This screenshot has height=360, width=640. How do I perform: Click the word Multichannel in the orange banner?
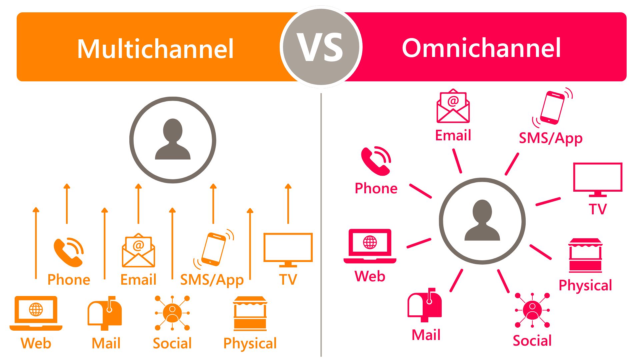(x=155, y=49)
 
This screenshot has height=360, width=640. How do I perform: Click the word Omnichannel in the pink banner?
(x=482, y=48)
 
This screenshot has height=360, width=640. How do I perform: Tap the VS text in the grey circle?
(x=320, y=47)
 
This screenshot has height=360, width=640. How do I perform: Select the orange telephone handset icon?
(x=68, y=252)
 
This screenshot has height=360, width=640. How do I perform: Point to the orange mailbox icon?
(x=105, y=313)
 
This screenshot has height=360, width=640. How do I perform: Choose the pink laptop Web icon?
(x=370, y=246)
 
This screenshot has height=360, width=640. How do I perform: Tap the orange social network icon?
(x=172, y=313)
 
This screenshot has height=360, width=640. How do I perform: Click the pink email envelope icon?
(x=453, y=106)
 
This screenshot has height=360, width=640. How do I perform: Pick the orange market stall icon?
(x=250, y=313)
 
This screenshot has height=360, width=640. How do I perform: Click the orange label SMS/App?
(x=212, y=280)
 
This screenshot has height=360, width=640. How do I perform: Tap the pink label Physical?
(x=585, y=286)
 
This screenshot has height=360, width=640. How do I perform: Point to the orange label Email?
(x=138, y=280)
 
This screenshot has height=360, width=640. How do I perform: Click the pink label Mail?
(x=426, y=335)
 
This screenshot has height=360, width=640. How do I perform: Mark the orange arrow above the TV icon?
(x=288, y=203)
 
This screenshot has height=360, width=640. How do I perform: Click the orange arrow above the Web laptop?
(x=36, y=243)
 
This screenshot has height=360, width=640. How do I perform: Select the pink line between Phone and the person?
(x=421, y=191)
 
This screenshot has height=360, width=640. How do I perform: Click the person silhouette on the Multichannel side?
(x=173, y=139)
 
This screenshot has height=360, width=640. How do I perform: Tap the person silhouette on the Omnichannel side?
(x=482, y=220)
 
